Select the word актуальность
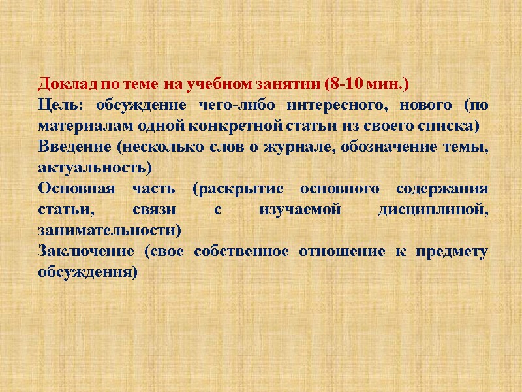tap(94, 168)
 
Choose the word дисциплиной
tap(433, 210)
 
